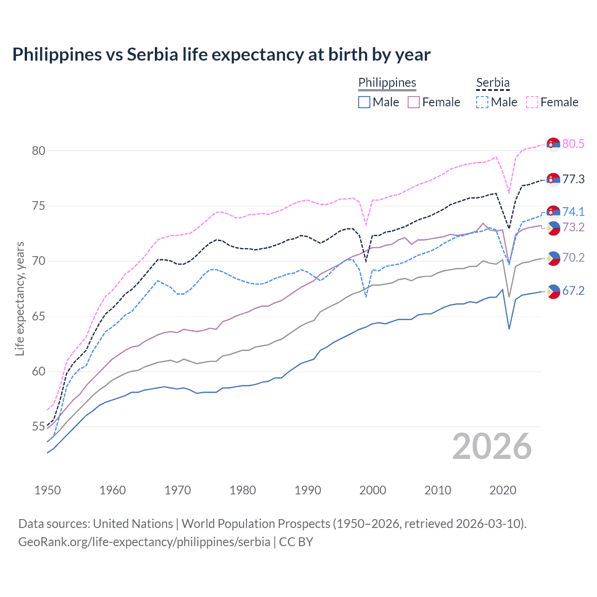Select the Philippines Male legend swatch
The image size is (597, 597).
(364, 102)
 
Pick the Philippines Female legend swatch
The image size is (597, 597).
(414, 102)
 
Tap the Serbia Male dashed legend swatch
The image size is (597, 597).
(482, 102)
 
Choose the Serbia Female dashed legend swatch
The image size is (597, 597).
(532, 102)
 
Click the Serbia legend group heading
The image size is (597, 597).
(493, 83)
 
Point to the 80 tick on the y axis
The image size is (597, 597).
(39, 151)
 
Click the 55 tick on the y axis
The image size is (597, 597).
(39, 427)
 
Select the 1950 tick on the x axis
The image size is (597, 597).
(48, 490)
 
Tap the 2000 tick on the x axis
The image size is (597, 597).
(373, 490)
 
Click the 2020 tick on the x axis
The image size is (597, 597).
(503, 490)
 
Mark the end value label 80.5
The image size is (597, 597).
(573, 144)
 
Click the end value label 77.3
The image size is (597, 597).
(573, 180)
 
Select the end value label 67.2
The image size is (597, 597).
(573, 291)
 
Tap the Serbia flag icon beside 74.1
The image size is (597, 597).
(553, 212)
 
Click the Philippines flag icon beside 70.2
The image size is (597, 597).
(553, 258)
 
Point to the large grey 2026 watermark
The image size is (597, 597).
(492, 447)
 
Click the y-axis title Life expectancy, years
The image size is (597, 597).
(20, 298)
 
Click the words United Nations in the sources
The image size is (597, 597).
(133, 524)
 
